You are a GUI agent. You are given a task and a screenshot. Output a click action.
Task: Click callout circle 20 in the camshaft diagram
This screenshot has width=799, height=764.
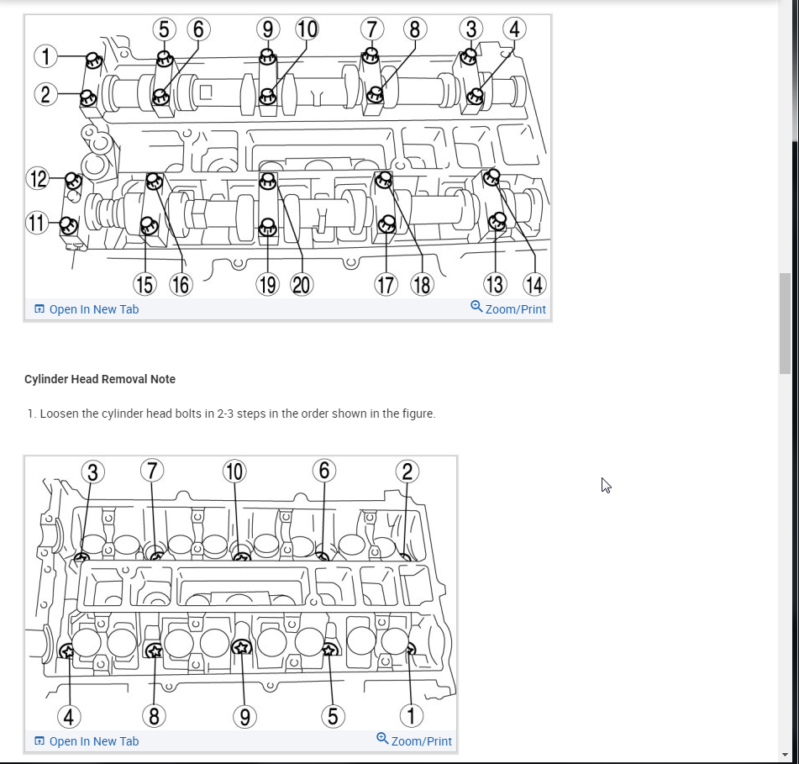click(x=301, y=285)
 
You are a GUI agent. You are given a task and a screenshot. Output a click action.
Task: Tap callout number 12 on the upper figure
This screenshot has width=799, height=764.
click(x=38, y=179)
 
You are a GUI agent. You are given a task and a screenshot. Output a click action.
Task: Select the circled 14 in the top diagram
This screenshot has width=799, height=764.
click(x=534, y=285)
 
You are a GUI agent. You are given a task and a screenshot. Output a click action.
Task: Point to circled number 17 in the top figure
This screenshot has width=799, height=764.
click(x=386, y=285)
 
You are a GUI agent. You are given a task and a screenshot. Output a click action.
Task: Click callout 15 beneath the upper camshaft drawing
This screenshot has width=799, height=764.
click(x=145, y=285)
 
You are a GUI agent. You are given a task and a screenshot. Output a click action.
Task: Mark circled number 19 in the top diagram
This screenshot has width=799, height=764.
click(x=267, y=285)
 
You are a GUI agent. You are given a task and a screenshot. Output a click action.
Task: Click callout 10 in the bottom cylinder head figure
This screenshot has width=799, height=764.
click(x=234, y=472)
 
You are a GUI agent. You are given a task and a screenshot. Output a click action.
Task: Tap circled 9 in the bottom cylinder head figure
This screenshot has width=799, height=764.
click(x=243, y=716)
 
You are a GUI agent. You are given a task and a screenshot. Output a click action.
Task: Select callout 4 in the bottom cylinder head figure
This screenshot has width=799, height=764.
click(x=69, y=716)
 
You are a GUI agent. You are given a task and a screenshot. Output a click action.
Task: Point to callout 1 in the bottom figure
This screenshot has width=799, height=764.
click(x=411, y=716)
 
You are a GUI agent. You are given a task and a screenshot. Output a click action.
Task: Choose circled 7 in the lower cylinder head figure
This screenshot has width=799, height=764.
click(x=151, y=470)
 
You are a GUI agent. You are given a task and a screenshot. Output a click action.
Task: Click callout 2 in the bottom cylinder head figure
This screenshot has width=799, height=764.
click(x=407, y=471)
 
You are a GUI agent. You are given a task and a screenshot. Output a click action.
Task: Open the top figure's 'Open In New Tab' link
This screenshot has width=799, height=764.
click(x=93, y=309)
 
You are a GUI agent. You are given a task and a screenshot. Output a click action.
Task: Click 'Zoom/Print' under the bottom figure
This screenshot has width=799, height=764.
click(x=421, y=741)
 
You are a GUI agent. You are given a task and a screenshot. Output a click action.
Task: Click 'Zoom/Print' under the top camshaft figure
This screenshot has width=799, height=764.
click(x=515, y=309)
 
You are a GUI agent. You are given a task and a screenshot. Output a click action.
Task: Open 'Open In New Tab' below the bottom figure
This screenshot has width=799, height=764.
click(x=93, y=741)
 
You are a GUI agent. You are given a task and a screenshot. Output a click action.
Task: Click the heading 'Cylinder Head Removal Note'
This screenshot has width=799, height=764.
click(x=100, y=379)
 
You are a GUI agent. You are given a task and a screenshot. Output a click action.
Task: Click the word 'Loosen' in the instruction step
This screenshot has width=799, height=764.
click(x=60, y=414)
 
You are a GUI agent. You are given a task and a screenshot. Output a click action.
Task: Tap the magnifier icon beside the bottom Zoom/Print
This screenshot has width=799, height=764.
click(x=382, y=739)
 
